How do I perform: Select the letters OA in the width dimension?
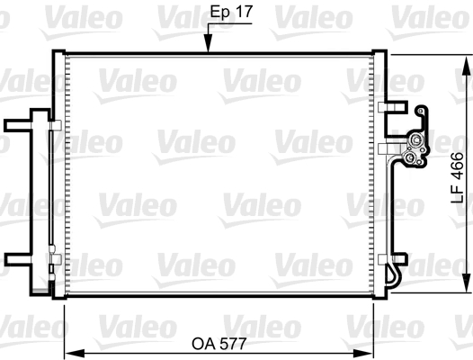pos(203,343)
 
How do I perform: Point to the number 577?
pos(234,343)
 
